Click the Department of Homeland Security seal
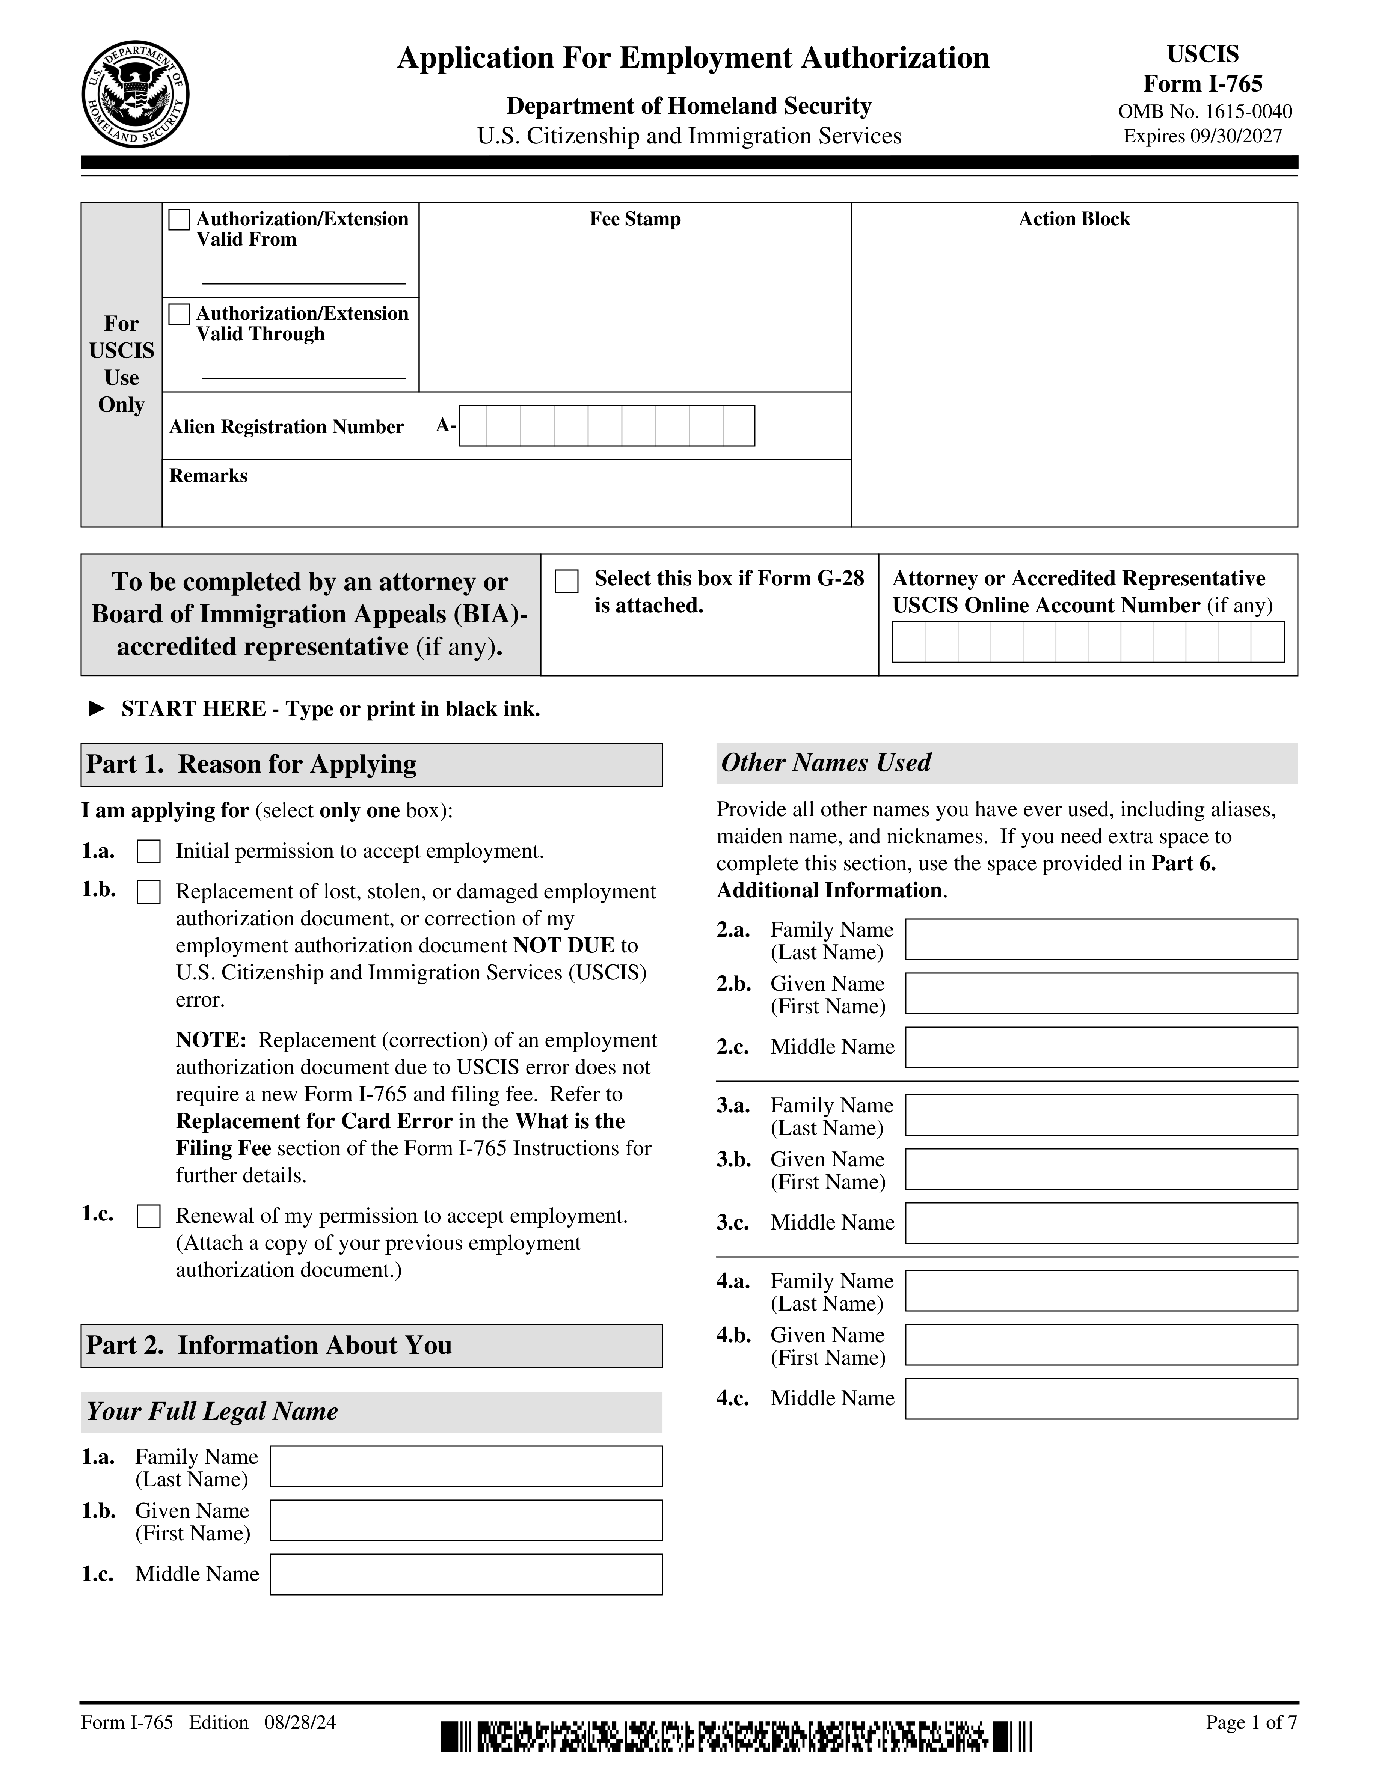pos(136,95)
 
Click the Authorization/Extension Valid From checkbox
pos(179,220)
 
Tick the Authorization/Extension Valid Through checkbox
pos(179,315)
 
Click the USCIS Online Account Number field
pos(1087,642)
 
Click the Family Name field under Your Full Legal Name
pos(466,1466)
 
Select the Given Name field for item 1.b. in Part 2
pos(466,1520)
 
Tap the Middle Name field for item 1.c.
pos(466,1574)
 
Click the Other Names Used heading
pos(826,763)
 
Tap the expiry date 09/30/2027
pos(1236,136)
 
